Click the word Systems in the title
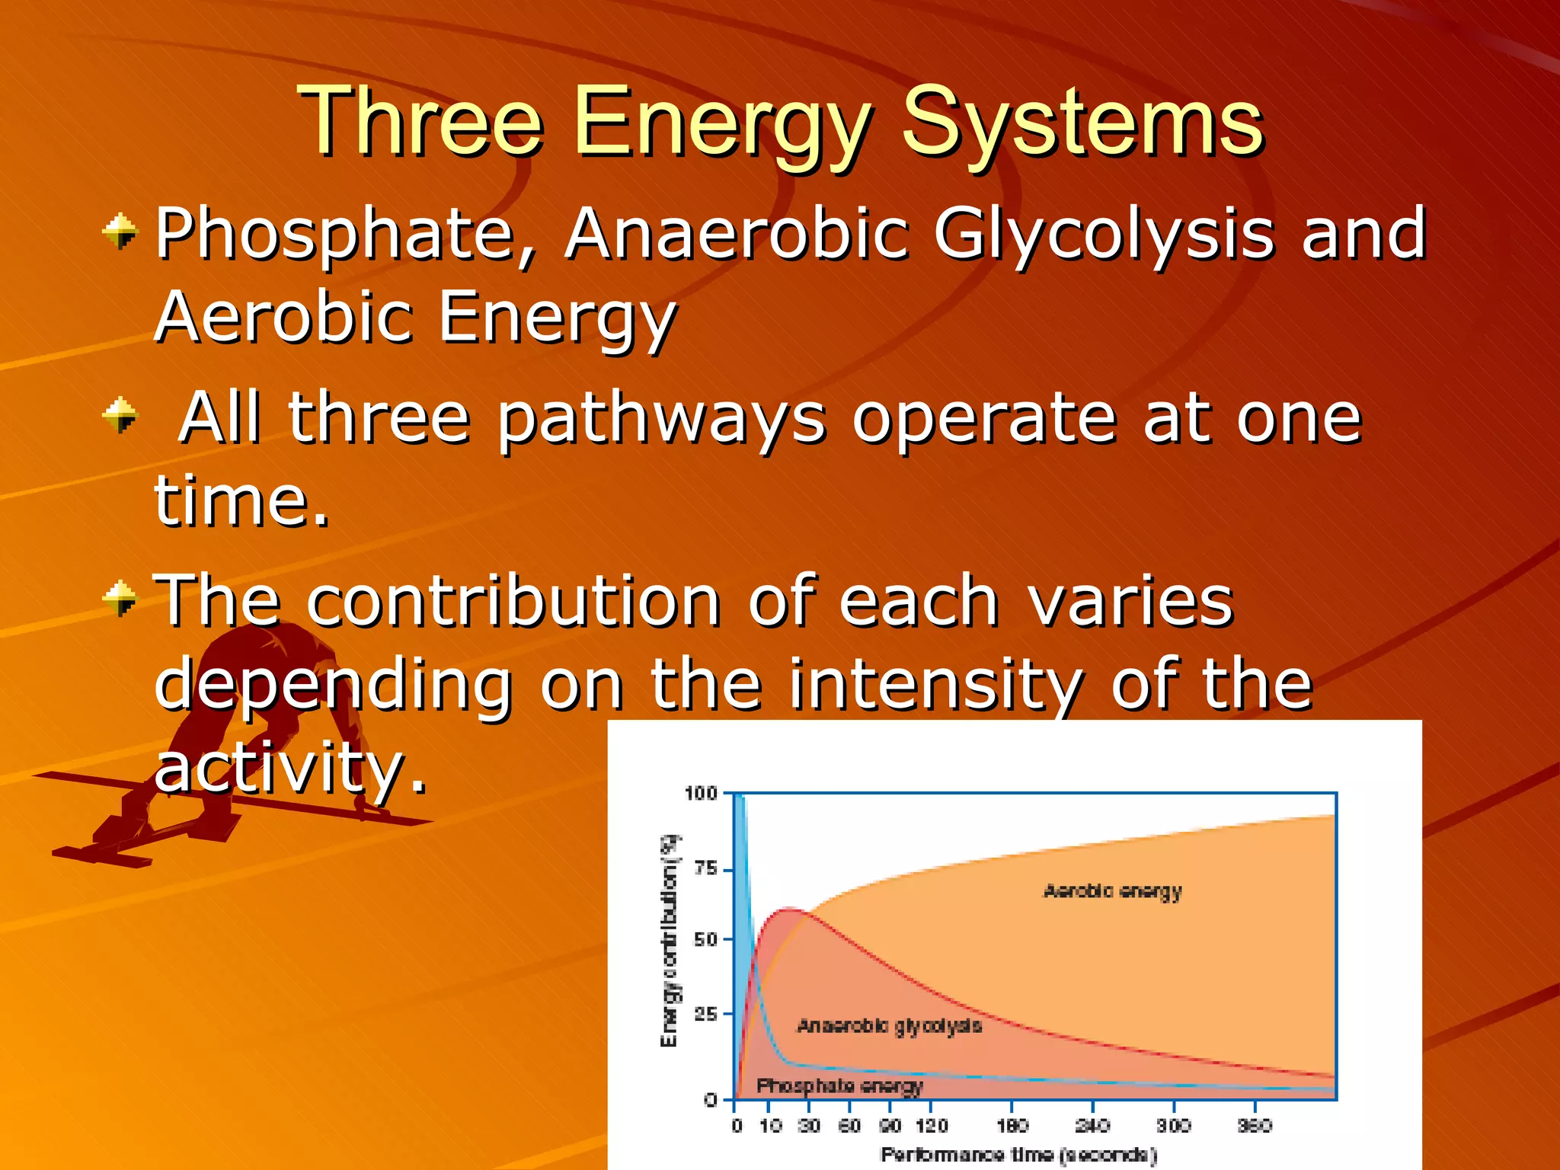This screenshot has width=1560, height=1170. tap(1082, 122)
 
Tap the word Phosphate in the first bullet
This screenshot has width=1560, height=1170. tap(335, 235)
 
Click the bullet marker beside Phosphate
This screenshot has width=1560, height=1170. tap(120, 231)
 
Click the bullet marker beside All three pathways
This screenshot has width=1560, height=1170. tap(120, 415)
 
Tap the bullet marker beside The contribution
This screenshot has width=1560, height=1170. tap(120, 598)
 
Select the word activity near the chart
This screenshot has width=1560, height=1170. tap(289, 767)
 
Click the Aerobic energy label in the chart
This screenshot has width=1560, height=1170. tap(1112, 891)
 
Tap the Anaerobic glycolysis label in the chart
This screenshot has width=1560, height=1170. tap(889, 1027)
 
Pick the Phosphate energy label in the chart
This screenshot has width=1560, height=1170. tap(839, 1085)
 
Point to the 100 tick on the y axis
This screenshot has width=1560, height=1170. tap(701, 794)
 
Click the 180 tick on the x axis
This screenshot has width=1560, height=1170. tap(1012, 1126)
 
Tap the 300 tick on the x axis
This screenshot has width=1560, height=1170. tap(1173, 1126)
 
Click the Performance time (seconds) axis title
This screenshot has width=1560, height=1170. tap(1018, 1155)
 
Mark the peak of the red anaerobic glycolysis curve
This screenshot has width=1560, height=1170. tap(788, 909)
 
